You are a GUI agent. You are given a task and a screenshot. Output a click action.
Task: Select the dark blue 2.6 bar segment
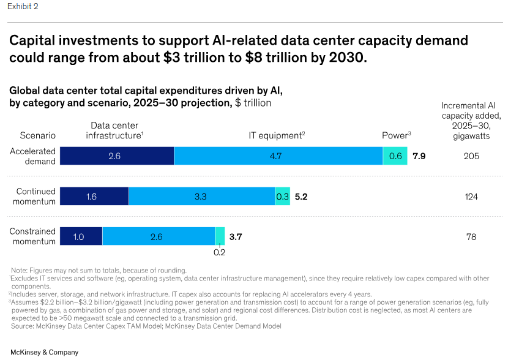(x=116, y=156)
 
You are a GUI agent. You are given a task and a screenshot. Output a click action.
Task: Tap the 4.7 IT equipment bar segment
(x=278, y=156)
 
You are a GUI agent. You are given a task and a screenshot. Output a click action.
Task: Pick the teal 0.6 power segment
(x=395, y=156)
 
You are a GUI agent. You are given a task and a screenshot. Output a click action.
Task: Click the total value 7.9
(x=419, y=156)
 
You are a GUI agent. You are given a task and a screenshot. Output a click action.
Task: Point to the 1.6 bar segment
(x=94, y=197)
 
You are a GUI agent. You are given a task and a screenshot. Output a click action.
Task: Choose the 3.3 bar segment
(x=201, y=197)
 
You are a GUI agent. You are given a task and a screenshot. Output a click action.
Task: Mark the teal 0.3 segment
(x=282, y=197)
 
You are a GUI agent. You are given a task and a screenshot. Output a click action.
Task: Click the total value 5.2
(x=301, y=197)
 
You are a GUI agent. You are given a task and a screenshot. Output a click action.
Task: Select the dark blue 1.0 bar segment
(x=80, y=236)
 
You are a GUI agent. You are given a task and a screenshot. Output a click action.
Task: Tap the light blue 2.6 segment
(x=159, y=236)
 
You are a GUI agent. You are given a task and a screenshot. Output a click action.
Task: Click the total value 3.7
(x=236, y=236)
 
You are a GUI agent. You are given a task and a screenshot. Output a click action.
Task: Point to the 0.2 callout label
(x=219, y=252)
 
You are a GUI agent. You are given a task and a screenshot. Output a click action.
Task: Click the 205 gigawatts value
(x=471, y=156)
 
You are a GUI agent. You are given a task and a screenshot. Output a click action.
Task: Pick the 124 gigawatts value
(x=471, y=197)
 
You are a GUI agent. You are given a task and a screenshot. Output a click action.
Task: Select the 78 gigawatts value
(x=471, y=236)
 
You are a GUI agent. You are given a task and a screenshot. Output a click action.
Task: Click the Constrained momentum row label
(x=33, y=236)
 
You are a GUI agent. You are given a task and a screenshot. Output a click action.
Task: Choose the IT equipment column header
(x=276, y=135)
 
